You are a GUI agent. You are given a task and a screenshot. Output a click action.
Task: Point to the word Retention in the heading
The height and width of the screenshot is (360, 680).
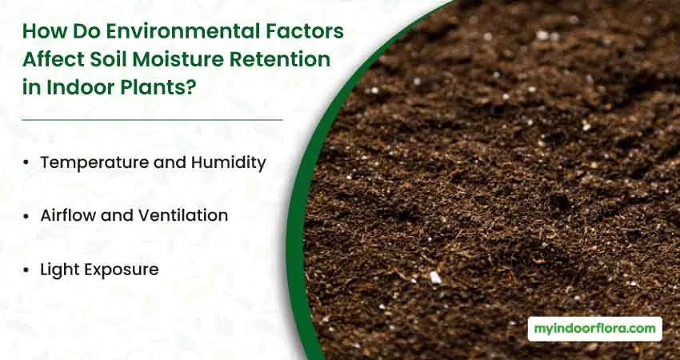280,59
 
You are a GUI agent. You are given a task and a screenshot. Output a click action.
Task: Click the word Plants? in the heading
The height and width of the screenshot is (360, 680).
158,87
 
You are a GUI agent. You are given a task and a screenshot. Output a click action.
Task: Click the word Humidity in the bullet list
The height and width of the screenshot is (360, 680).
228,163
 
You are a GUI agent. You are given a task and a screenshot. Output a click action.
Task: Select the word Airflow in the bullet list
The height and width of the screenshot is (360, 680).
68,215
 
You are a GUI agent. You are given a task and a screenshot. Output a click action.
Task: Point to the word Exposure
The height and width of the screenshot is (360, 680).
122,270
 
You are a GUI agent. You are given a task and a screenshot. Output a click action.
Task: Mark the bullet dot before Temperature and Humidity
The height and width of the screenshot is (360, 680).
26,163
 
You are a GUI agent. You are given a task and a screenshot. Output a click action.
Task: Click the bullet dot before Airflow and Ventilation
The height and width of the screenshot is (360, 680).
26,216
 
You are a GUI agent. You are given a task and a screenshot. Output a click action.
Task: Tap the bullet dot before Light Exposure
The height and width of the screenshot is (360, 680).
26,270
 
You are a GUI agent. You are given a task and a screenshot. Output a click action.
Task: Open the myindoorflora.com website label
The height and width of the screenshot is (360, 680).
594,329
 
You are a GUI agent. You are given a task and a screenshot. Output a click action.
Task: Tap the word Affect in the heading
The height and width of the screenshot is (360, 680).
54,59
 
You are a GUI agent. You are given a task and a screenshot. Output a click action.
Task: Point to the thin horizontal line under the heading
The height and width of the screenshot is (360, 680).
152,120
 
